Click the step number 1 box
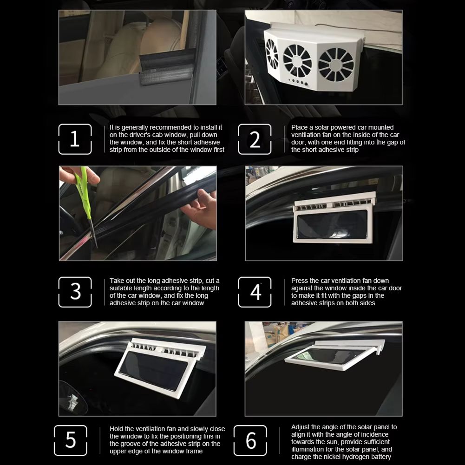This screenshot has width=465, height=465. pos(75,139)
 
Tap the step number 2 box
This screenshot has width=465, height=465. pos(255,139)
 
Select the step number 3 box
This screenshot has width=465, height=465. pos(75,292)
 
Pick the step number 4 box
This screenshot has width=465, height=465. pos(255,292)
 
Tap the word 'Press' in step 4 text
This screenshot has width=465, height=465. pos(300,281)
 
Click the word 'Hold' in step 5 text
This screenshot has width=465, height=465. pos(117,429)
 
